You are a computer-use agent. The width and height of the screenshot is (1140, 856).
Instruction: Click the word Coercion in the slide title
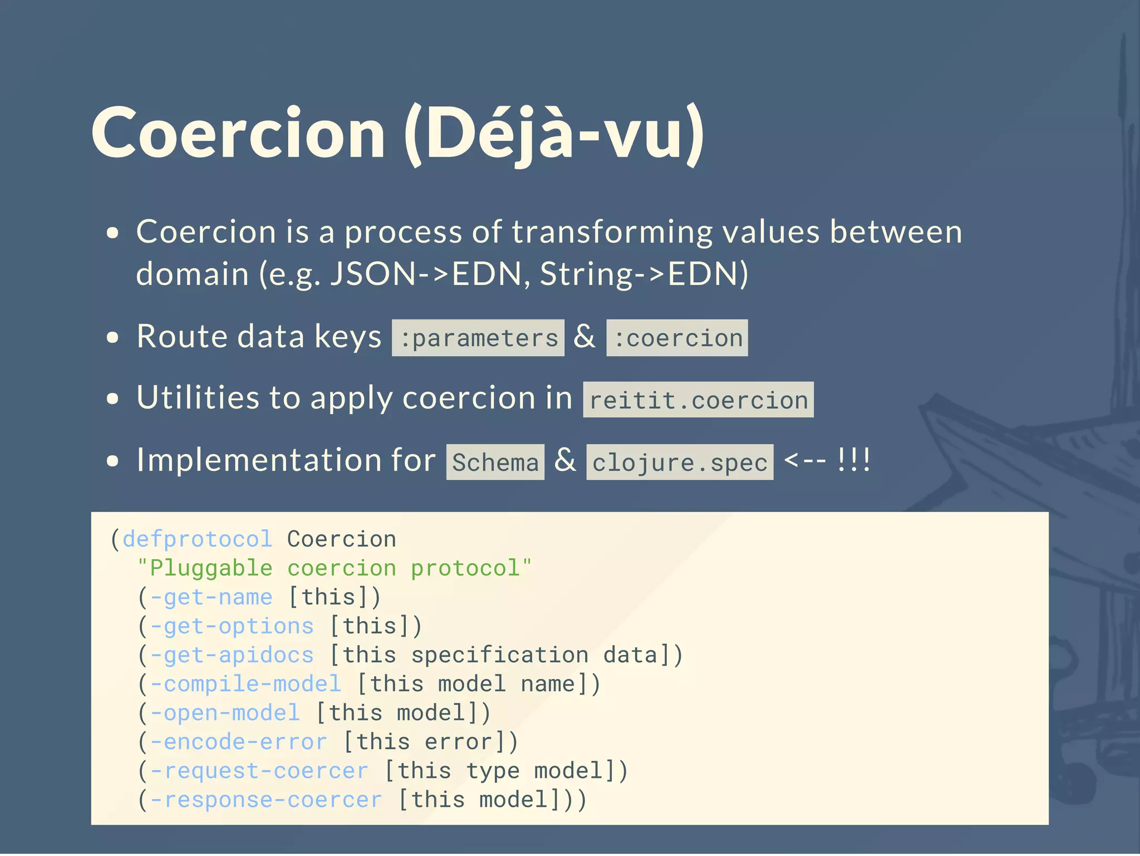(238, 134)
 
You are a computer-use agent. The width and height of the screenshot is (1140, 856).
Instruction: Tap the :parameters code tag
(478, 338)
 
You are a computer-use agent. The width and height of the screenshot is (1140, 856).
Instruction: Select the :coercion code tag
(677, 338)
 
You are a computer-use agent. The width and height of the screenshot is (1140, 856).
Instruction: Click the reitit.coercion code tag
(698, 400)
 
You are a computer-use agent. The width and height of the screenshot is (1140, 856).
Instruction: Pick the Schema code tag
(495, 463)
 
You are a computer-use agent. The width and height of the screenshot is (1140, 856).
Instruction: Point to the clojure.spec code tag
(680, 463)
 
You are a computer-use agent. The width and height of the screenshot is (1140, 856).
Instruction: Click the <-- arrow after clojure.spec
(804, 460)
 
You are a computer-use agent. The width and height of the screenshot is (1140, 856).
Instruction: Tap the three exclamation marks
(854, 460)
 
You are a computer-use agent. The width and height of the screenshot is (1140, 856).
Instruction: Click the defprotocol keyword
(197, 539)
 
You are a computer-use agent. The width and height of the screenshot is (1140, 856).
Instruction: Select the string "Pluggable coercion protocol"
(334, 568)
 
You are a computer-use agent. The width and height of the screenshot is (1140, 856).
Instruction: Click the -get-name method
(212, 597)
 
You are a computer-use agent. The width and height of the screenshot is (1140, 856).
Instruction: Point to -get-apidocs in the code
(232, 655)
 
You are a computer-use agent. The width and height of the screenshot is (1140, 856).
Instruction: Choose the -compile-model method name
(245, 683)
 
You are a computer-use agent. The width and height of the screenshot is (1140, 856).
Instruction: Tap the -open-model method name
(225, 712)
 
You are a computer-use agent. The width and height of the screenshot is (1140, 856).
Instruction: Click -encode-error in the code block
(239, 741)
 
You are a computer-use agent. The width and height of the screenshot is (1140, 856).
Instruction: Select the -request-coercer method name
(259, 770)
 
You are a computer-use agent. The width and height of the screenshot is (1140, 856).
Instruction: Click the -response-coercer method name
(266, 799)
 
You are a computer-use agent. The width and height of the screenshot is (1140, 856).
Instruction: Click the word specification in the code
(499, 655)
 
